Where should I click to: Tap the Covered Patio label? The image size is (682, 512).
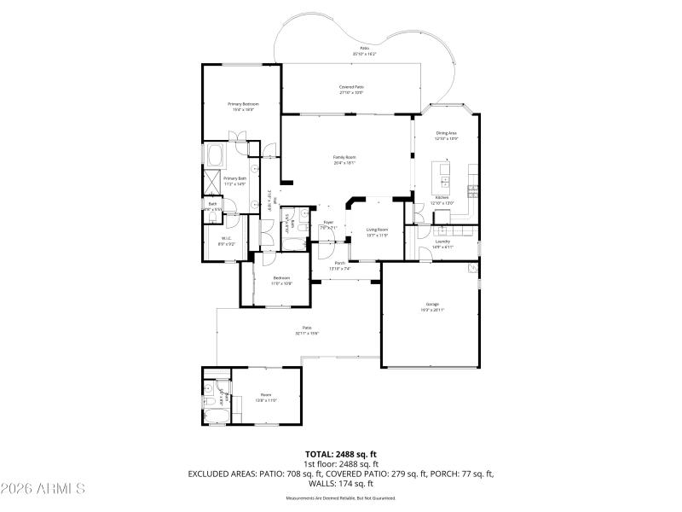click(x=351, y=87)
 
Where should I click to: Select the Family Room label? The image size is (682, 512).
click(x=344, y=157)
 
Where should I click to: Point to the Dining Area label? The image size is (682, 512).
click(x=447, y=133)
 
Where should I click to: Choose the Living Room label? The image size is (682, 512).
click(x=377, y=230)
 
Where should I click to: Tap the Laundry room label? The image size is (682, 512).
click(x=442, y=241)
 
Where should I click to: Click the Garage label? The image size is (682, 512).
click(x=432, y=304)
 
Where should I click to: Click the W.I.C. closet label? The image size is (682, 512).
click(x=226, y=238)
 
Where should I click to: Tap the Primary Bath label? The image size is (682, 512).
click(x=234, y=178)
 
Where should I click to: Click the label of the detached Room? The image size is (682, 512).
click(x=266, y=394)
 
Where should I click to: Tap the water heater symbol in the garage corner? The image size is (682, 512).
click(x=471, y=269)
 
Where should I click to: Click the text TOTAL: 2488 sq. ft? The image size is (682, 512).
click(x=340, y=454)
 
